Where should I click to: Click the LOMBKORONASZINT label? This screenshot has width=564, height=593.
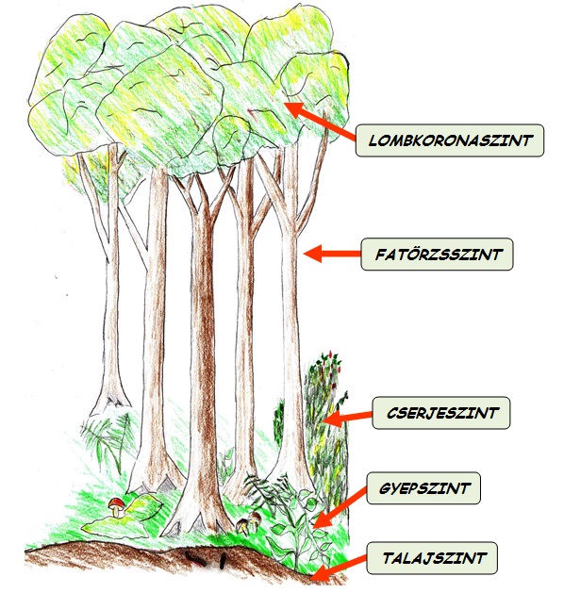[x=449, y=140]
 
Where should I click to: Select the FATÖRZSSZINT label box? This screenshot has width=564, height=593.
[x=437, y=255]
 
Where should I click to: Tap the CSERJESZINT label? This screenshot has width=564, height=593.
[x=441, y=413]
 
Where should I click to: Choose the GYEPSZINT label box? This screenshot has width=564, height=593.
[x=423, y=487]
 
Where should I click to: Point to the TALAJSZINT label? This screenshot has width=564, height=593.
[x=432, y=558]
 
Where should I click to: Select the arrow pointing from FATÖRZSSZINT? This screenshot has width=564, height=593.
[x=332, y=254]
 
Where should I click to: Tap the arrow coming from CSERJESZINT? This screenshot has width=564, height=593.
[x=348, y=418]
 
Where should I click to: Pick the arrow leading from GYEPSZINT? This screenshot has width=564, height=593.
[x=340, y=508]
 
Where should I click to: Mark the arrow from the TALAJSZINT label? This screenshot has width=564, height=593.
[x=340, y=568]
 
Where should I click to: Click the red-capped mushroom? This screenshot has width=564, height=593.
[x=117, y=507]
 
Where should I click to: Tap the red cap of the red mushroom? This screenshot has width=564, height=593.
[x=116, y=502]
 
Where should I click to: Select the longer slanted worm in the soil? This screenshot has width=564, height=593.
[x=195, y=558]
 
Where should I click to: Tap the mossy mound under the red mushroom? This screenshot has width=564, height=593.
[x=121, y=519]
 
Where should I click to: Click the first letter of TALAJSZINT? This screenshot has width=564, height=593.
[x=388, y=558]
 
